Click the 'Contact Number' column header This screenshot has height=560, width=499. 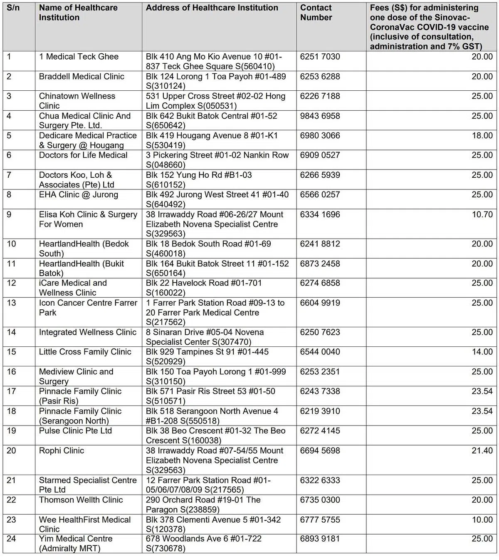[x=316, y=12]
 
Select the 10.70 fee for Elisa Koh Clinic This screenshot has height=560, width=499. [x=482, y=214]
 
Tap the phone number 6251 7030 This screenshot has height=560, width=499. [x=320, y=57]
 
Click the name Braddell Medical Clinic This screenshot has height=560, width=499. [x=82, y=77]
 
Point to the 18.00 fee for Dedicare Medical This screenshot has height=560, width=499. [x=482, y=136]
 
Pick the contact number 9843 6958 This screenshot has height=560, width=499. [x=320, y=116]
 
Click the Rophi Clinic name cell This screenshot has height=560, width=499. [x=62, y=450]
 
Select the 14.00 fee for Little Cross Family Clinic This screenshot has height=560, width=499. [x=482, y=352]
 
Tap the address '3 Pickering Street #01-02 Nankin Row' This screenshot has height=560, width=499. [x=217, y=160]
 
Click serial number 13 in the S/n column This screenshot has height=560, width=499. [x=12, y=303]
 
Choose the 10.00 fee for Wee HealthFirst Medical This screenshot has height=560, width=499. [x=482, y=520]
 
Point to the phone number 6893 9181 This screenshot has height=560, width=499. [x=320, y=539]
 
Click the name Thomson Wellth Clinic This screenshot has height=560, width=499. [x=81, y=500]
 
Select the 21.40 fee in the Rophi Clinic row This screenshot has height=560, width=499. [x=482, y=450]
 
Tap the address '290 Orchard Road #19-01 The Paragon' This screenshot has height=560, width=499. [x=203, y=505]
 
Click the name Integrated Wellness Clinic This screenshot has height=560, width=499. [x=88, y=332]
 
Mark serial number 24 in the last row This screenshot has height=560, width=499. [x=12, y=539]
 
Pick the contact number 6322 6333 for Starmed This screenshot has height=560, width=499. [x=320, y=480]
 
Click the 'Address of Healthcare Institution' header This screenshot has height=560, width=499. [x=212, y=8]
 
